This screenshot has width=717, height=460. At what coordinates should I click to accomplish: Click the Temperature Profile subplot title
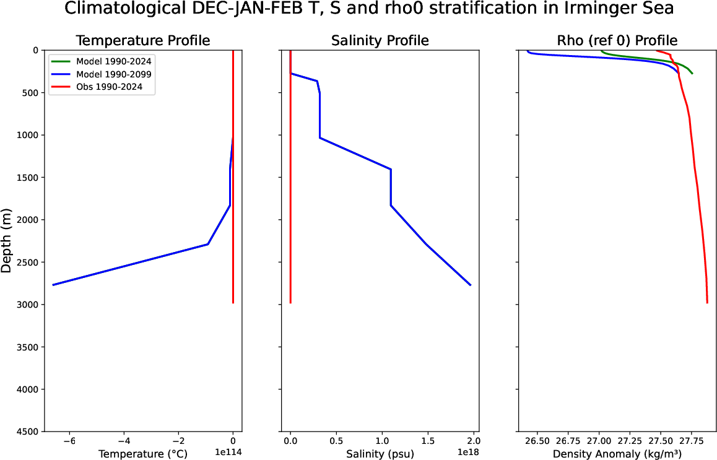[142, 41]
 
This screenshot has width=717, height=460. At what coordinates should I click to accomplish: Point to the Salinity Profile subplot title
[380, 41]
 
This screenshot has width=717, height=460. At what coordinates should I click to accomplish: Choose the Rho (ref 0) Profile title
[617, 41]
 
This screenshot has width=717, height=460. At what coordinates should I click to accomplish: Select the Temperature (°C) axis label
[142, 454]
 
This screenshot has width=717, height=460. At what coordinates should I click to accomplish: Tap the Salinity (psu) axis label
[380, 454]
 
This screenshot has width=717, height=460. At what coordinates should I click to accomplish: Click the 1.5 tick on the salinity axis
[427, 441]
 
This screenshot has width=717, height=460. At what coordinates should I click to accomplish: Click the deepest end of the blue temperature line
[53, 285]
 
